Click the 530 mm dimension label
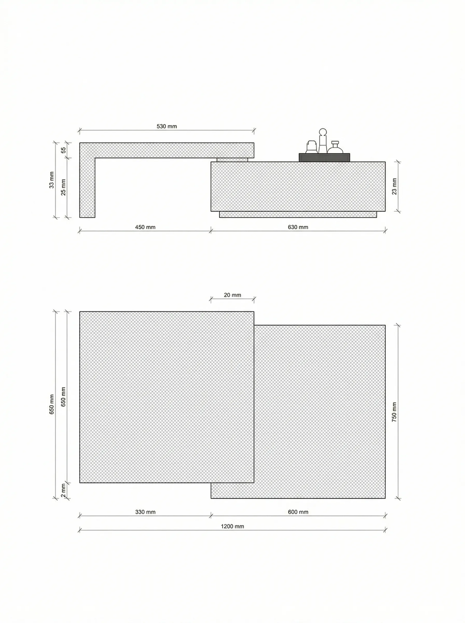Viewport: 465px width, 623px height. [167, 126]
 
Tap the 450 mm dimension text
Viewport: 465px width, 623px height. [145, 227]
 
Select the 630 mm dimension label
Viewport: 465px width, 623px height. [298, 227]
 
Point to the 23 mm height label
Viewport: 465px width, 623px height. [394, 186]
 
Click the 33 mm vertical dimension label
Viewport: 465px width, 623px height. [52, 180]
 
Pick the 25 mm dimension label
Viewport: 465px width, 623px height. [63, 187]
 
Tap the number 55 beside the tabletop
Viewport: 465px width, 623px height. [64, 150]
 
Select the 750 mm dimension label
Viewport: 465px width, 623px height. [394, 412]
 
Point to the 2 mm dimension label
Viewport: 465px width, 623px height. [63, 490]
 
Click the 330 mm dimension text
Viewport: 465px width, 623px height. [145, 512]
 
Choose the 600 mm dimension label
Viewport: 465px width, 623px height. [298, 512]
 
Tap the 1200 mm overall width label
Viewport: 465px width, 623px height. [232, 526]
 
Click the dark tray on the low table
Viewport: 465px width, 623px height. [324, 158]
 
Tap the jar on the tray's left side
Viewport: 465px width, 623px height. [311, 147]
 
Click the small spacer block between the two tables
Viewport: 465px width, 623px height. [232, 160]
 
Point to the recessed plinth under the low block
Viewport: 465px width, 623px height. [298, 214]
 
